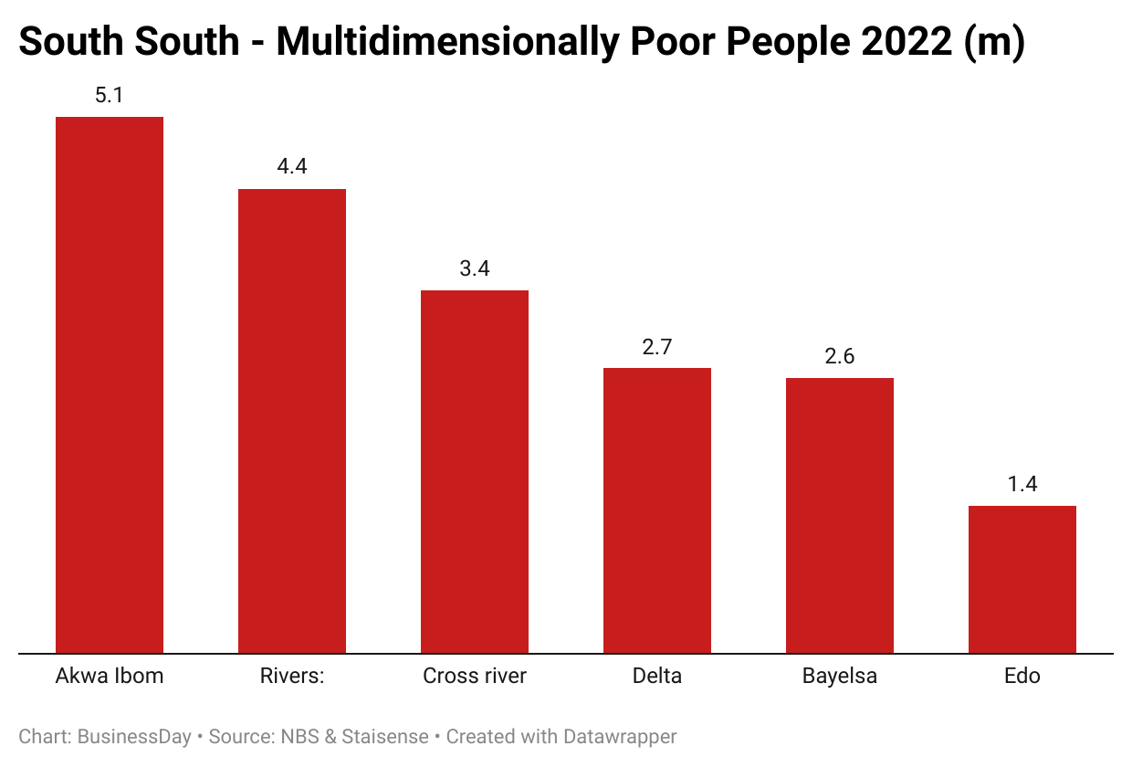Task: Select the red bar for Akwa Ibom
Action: [x=110, y=384]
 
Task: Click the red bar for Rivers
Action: [x=292, y=421]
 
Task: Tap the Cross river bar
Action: [x=475, y=471]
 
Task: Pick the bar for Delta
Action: [x=657, y=510]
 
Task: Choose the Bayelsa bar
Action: [x=840, y=515]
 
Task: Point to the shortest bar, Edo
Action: [x=1022, y=579]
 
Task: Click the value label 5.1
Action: [x=110, y=95]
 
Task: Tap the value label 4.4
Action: [x=292, y=167]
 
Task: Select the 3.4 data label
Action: [x=475, y=268]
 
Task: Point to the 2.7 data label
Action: [x=657, y=346]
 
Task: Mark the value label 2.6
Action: [x=840, y=356]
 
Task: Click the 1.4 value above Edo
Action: [x=1022, y=484]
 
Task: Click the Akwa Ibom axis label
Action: [x=110, y=677]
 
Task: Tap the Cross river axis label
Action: [x=475, y=677]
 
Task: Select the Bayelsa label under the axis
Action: [x=840, y=677]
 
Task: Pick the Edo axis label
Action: [x=1022, y=677]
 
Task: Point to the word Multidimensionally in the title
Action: [x=442, y=42]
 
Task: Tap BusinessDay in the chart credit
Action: [x=134, y=736]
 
